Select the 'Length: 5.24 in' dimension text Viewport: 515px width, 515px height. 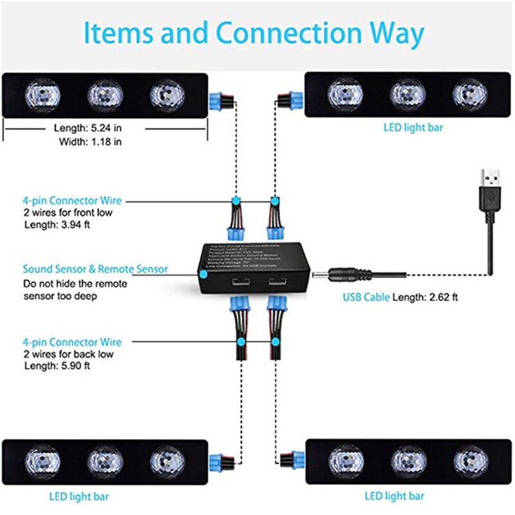pyautogui.click(x=87, y=128)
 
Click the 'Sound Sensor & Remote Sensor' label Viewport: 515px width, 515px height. pyautogui.click(x=95, y=269)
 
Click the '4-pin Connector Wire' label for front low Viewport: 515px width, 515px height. pyautogui.click(x=71, y=201)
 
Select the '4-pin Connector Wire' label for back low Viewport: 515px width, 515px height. pyautogui.click(x=71, y=342)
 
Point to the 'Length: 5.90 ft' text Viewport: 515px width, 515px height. pyautogui.click(x=57, y=366)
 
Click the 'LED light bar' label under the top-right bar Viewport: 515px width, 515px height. pyautogui.click(x=413, y=127)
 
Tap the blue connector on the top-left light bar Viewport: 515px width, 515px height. pyautogui.click(x=220, y=100)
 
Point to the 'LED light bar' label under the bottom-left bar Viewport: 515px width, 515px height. pyautogui.click(x=79, y=496)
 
